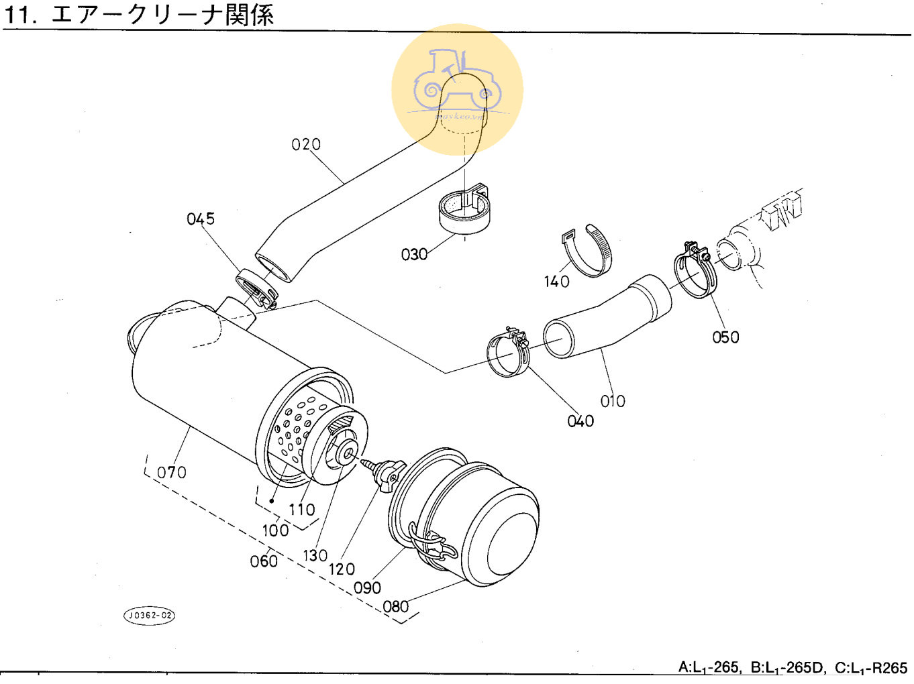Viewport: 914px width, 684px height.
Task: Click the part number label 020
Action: coord(306,145)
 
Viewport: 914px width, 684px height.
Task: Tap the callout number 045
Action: coord(201,219)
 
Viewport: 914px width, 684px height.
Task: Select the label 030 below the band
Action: coord(414,255)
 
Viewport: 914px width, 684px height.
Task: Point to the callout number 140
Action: coord(556,282)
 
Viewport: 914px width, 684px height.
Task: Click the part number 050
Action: coord(725,337)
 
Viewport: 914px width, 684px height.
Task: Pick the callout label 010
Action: coord(613,401)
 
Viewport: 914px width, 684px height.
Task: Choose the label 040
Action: coord(580,421)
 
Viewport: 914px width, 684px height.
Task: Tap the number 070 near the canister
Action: coord(172,473)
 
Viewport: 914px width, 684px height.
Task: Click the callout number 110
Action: coord(301,510)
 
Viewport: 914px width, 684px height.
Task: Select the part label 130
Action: coord(315,556)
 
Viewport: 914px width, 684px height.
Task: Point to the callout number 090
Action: coord(367,588)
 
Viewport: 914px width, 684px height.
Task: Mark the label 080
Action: coord(395,607)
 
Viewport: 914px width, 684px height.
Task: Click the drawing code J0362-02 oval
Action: coord(149,616)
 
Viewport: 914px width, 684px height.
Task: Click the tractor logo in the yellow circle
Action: coord(457,84)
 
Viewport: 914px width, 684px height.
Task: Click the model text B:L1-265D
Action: coord(786,668)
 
